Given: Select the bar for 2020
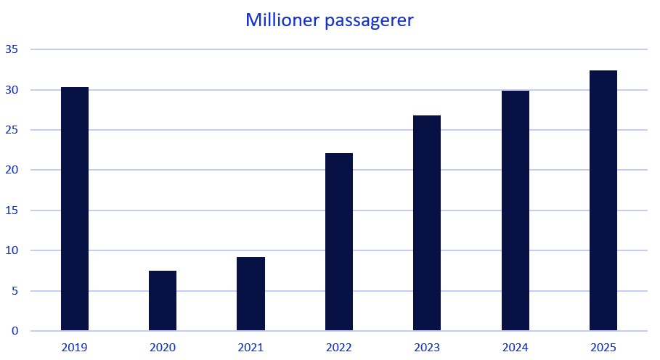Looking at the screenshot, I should click(x=163, y=300).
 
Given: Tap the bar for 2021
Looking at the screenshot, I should click(x=250, y=294).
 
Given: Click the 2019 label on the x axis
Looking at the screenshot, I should click(x=75, y=348).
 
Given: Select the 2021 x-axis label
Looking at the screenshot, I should click(x=250, y=348).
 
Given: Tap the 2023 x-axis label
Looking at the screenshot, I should click(x=427, y=348).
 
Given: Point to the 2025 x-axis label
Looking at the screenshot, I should click(x=603, y=348).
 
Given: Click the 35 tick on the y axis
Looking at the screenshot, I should click(x=12, y=50).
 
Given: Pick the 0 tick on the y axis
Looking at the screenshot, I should click(x=15, y=332).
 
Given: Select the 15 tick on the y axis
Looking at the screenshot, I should click(x=12, y=210).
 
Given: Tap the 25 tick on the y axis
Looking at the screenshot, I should click(x=12, y=131).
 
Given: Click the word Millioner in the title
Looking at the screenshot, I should click(x=282, y=20).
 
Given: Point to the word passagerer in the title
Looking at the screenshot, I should click(x=370, y=21).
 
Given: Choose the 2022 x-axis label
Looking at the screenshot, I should click(x=339, y=348).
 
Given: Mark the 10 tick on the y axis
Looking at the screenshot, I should click(x=12, y=251).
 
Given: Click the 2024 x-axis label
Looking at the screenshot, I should click(x=516, y=348).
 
